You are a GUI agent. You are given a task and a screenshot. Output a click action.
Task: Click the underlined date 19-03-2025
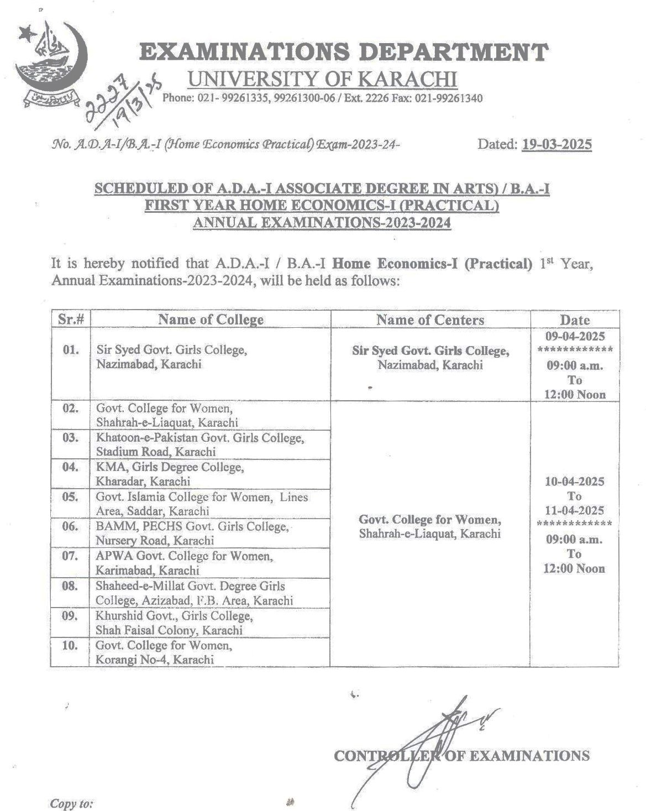pos(556,145)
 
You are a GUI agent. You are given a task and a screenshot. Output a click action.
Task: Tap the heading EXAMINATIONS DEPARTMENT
pos(344,53)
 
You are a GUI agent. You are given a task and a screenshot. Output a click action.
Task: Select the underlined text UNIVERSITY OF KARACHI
pos(323,80)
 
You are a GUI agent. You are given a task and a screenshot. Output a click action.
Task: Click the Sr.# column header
pos(71,320)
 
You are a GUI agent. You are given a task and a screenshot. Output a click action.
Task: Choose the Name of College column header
pos(211,320)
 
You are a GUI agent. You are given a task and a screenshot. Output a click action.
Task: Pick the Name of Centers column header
pos(430,320)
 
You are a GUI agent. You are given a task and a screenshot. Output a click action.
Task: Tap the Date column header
pos(575,320)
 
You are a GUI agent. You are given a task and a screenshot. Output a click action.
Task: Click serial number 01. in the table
pos(71,350)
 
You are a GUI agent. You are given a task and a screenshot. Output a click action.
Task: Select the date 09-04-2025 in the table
pos(575,336)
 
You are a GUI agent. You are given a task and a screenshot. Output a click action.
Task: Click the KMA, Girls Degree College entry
pos(169,474)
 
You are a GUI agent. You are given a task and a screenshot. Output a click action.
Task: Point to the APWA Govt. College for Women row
pos(183,563)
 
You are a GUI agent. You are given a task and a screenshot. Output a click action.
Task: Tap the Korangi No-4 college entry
pos(164,652)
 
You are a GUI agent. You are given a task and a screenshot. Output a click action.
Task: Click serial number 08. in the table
pos(70,585)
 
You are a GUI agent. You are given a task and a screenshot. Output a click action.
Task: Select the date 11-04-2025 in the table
pos(575,510)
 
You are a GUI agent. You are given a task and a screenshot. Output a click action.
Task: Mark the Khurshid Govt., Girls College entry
pos(174,622)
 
